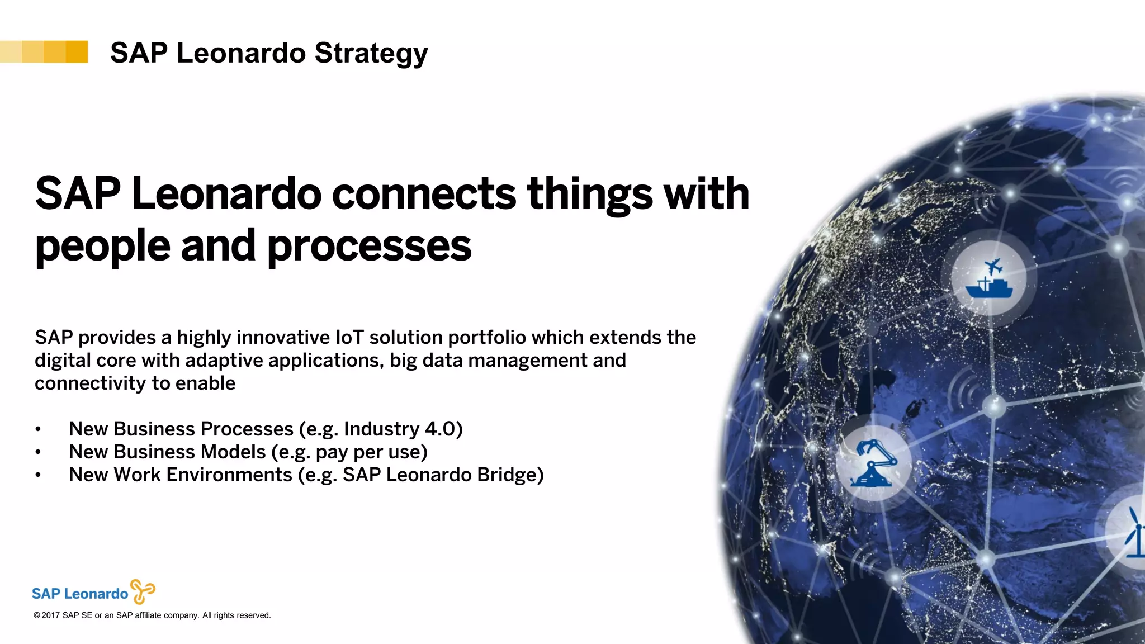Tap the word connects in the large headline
pyautogui.click(x=424, y=194)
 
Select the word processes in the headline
pyautogui.click(x=369, y=246)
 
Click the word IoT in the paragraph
pyautogui.click(x=349, y=338)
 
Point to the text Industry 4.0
pyautogui.click(x=403, y=429)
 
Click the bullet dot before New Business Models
pyautogui.click(x=38, y=452)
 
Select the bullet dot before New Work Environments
pyautogui.click(x=38, y=475)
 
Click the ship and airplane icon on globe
pyautogui.click(x=989, y=278)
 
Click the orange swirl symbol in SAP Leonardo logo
pyautogui.click(x=142, y=591)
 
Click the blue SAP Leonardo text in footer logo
pyautogui.click(x=80, y=594)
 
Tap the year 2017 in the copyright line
pyautogui.click(x=50, y=615)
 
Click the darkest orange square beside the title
pyautogui.click(x=77, y=52)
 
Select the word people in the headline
pyautogui.click(x=102, y=246)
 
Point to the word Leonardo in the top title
pyautogui.click(x=241, y=53)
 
